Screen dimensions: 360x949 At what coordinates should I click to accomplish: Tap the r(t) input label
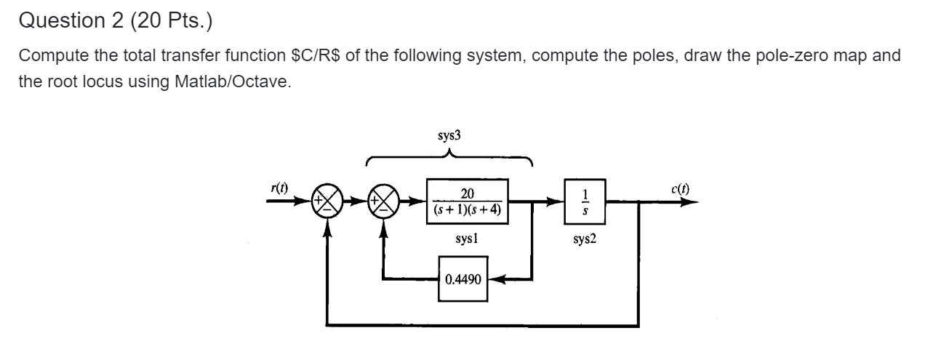click(279, 188)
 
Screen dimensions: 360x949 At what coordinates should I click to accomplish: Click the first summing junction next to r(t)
click(326, 202)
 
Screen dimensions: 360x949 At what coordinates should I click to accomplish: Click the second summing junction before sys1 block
click(385, 202)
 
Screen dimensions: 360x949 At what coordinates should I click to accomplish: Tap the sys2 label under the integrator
click(585, 239)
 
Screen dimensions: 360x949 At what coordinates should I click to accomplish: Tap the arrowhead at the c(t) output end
click(691, 202)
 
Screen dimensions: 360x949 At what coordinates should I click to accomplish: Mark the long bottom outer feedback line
click(480, 324)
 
